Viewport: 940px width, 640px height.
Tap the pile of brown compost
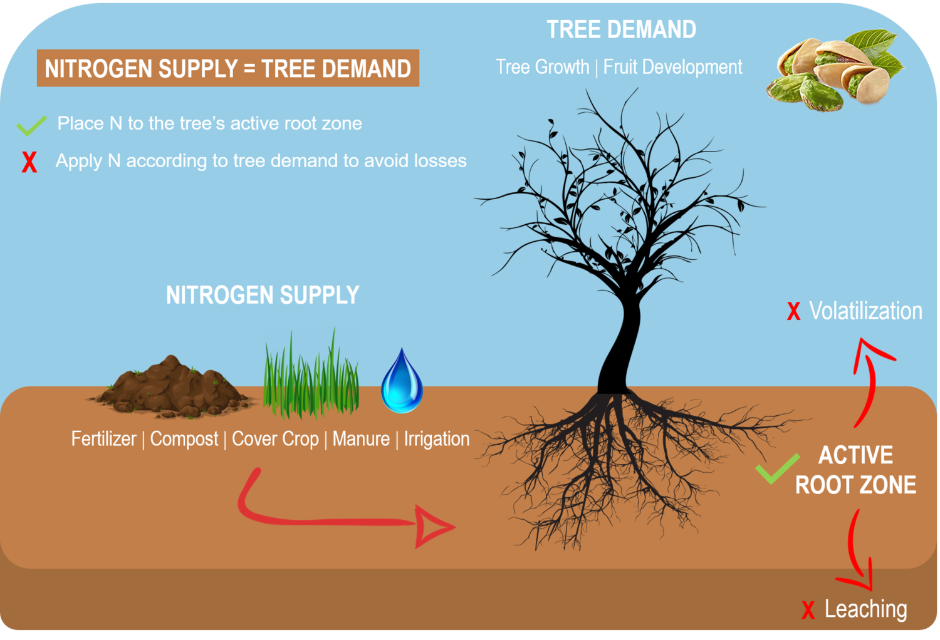click(170, 388)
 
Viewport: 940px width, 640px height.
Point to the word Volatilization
click(865, 311)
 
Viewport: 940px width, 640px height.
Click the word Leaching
click(865, 609)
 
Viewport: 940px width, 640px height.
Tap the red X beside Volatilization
click(793, 311)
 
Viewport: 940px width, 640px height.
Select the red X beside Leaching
click(808, 610)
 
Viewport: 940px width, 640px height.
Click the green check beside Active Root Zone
click(777, 468)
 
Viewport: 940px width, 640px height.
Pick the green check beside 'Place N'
click(31, 125)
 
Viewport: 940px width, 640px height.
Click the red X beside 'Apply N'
click(29, 162)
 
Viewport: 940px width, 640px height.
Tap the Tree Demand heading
click(621, 29)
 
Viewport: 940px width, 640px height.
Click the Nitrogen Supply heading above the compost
click(263, 295)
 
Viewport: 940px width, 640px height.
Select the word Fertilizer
click(103, 439)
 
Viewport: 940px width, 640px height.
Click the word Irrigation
click(437, 439)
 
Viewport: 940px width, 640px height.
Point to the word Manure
click(361, 439)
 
